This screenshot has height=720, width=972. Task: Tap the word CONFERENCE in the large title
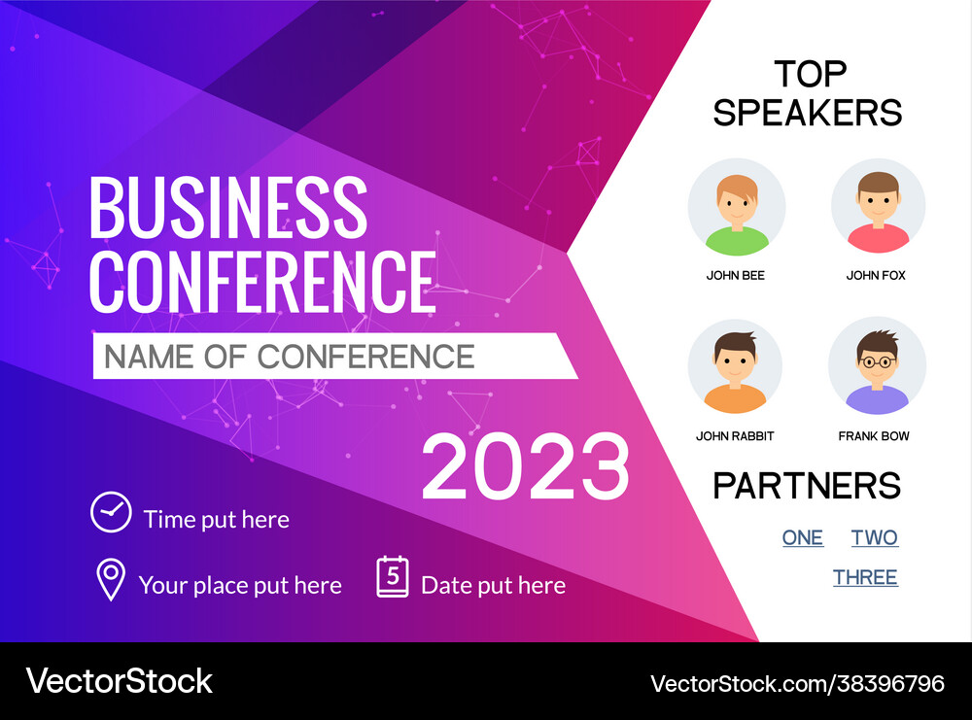pyautogui.click(x=262, y=281)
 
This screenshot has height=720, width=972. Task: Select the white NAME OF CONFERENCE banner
pyautogui.click(x=330, y=357)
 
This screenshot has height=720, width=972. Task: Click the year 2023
pyautogui.click(x=525, y=467)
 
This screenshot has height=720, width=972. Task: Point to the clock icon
pyautogui.click(x=111, y=512)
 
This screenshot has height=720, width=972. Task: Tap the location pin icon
pyautogui.click(x=111, y=579)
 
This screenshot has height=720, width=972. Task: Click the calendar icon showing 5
pyautogui.click(x=393, y=577)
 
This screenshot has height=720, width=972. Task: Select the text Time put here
pyautogui.click(x=216, y=520)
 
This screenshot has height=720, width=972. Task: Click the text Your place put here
pyautogui.click(x=240, y=586)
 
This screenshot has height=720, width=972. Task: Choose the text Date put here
pyautogui.click(x=493, y=586)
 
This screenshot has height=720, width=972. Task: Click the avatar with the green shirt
pyautogui.click(x=736, y=207)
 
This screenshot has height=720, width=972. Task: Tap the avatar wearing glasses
pyautogui.click(x=877, y=365)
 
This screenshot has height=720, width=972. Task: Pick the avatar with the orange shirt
pyautogui.click(x=735, y=366)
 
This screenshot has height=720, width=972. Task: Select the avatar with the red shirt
pyautogui.click(x=878, y=207)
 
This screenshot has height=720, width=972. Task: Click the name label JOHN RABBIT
pyautogui.click(x=735, y=436)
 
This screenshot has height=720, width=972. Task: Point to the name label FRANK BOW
pyautogui.click(x=874, y=436)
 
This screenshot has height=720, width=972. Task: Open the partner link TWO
pyautogui.click(x=874, y=538)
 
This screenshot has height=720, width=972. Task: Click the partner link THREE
pyautogui.click(x=865, y=577)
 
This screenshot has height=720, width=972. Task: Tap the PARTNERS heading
pyautogui.click(x=807, y=486)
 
